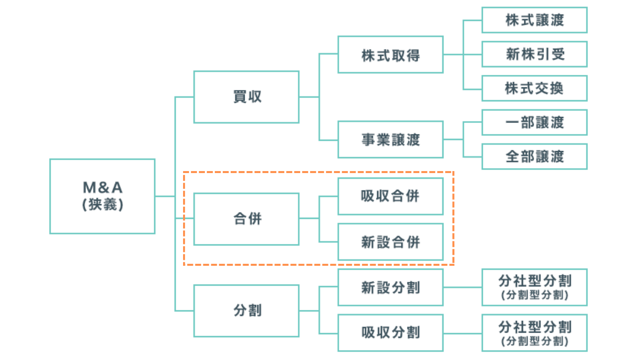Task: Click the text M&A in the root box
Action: [102, 188]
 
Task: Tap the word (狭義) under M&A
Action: [102, 204]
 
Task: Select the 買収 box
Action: [246, 97]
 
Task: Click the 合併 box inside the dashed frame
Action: [246, 219]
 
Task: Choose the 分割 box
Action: [246, 311]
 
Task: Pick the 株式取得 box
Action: [390, 55]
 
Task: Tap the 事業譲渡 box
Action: [390, 139]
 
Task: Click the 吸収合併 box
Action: [390, 196]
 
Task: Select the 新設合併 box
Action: [390, 242]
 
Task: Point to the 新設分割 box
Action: [390, 288]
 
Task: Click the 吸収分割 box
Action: [390, 333]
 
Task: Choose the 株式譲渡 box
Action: [534, 20]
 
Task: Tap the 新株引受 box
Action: [534, 54]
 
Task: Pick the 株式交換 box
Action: [534, 88]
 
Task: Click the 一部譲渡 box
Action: [534, 122]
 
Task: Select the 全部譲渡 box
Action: [534, 157]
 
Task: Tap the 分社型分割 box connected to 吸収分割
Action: [534, 333]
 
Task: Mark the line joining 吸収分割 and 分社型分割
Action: [462, 333]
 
